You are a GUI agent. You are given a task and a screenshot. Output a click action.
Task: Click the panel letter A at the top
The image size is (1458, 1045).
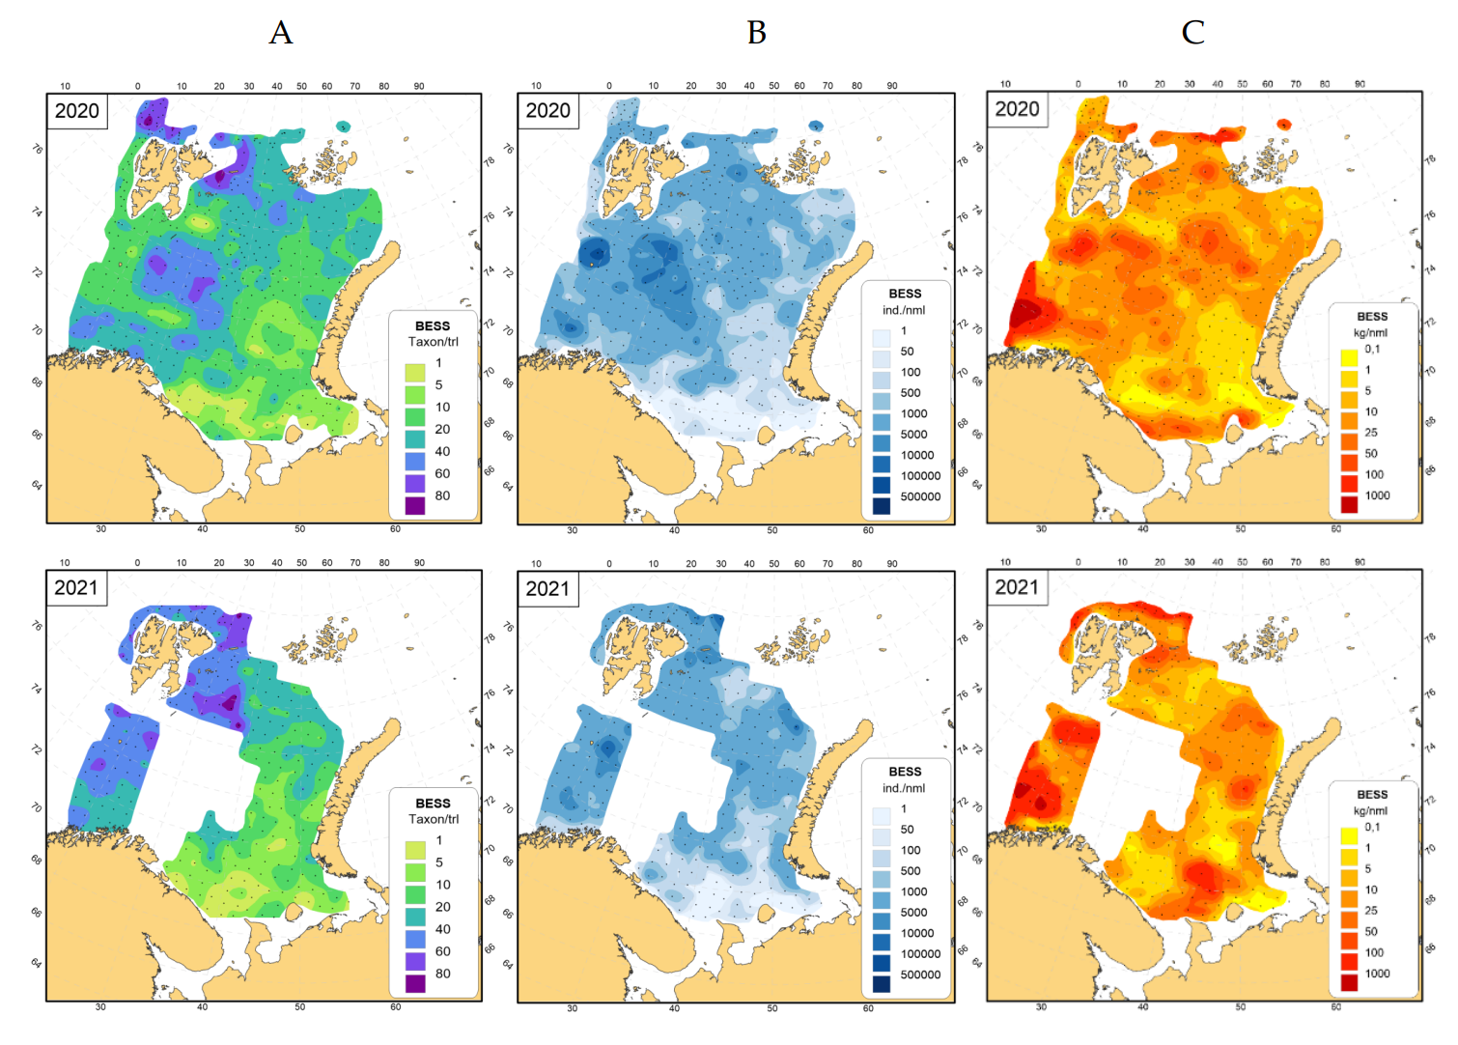(280, 33)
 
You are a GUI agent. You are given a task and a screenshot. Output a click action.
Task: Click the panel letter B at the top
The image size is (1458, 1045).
(756, 33)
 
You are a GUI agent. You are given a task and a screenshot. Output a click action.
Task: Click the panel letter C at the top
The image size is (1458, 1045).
(1192, 33)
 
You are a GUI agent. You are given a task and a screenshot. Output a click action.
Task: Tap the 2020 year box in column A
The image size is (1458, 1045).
(76, 111)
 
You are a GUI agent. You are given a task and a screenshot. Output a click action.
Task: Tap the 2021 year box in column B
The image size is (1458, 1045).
(547, 588)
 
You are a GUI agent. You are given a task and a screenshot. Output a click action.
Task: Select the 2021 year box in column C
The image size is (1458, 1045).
(1017, 587)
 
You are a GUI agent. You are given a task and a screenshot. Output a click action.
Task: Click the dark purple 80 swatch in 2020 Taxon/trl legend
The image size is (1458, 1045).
(415, 505)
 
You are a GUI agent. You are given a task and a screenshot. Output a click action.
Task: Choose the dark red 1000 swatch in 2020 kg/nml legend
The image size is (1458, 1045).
(1349, 503)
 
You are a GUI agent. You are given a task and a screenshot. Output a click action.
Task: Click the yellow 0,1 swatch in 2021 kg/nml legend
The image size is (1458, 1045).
(1349, 834)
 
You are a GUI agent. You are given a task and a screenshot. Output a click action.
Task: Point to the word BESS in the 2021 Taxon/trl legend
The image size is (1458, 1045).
(433, 803)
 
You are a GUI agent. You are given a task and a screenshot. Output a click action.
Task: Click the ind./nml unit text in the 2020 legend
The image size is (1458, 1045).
(904, 310)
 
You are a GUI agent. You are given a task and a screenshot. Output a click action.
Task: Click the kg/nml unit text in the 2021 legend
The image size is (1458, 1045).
(1370, 810)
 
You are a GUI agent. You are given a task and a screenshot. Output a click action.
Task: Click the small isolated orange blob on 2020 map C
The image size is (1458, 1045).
(1283, 125)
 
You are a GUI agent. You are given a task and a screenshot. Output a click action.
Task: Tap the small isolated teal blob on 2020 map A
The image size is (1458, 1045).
(343, 127)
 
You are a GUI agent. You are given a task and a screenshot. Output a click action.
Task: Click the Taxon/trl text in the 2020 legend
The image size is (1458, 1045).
(433, 341)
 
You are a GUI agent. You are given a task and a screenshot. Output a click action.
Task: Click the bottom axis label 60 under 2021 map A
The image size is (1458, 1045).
(395, 1006)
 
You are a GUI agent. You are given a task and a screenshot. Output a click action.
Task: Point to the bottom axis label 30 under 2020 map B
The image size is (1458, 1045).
(572, 530)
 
